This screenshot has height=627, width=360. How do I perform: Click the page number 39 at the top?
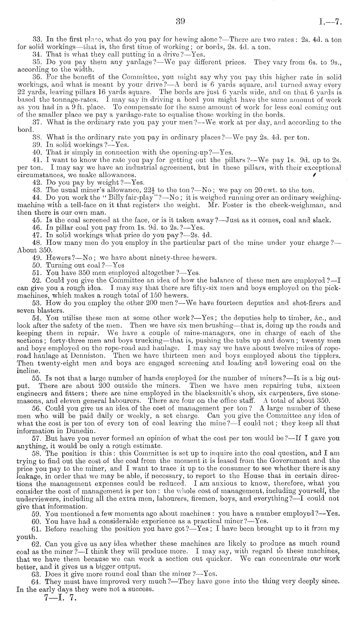[x=180, y=22]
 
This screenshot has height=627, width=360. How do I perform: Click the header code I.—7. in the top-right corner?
[x=330, y=22]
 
